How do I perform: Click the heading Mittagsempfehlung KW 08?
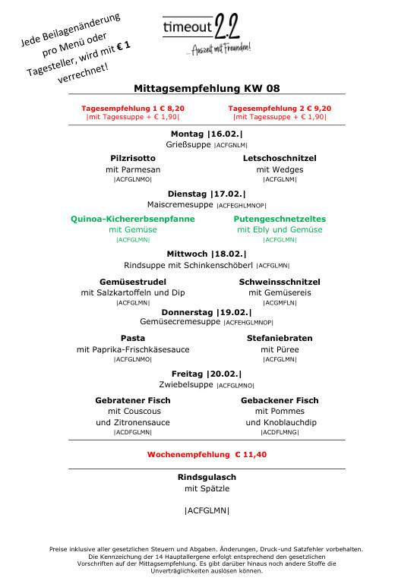(207, 88)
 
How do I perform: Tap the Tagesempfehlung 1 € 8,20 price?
(133, 109)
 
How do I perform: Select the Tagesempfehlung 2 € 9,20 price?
(280, 109)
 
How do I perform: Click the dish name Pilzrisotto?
(133, 158)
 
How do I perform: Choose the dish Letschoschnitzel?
(280, 158)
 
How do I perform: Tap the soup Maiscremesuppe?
(181, 205)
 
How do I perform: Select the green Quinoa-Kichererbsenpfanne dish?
(133, 219)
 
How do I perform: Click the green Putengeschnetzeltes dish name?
(280, 219)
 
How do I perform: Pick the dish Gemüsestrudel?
(133, 282)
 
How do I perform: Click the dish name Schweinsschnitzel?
(280, 282)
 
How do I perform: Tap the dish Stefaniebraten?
(280, 338)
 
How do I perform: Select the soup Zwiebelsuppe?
(183, 385)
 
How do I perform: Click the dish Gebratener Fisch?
(133, 400)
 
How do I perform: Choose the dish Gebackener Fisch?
(280, 400)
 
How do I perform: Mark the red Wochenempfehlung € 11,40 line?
(207, 454)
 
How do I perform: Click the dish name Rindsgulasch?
(207, 477)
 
